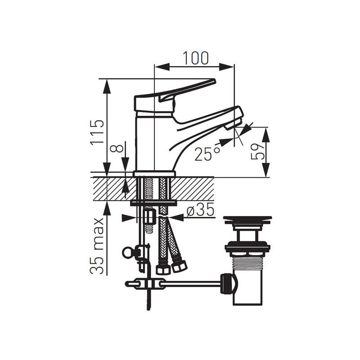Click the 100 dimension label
[196, 58]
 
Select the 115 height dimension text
[97, 132]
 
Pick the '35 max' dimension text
[97, 246]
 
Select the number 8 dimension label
[117, 147]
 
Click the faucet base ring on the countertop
[154, 174]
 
